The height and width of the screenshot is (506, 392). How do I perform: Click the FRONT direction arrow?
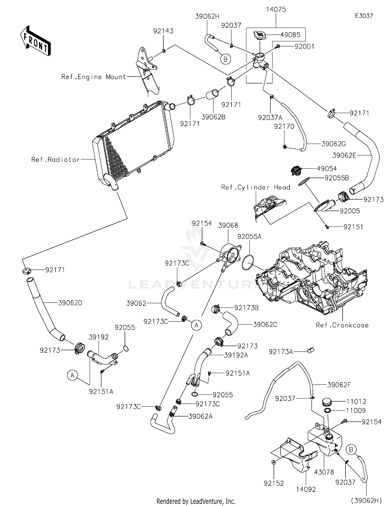[35, 40]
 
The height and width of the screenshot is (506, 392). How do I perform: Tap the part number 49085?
[290, 35]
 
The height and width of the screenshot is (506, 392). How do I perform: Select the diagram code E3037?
[364, 16]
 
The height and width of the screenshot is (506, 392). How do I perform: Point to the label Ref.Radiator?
[55, 160]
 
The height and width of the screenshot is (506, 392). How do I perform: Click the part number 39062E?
[344, 155]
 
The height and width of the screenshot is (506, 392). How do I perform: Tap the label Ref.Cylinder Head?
[256, 187]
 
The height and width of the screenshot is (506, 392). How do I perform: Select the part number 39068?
[228, 225]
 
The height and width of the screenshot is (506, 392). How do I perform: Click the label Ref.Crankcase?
[342, 325]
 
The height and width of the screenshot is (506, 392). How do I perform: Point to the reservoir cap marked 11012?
[327, 402]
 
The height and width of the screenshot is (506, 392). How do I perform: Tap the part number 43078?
[324, 472]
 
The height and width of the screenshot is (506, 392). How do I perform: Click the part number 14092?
[306, 489]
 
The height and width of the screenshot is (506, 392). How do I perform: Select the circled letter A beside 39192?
[73, 375]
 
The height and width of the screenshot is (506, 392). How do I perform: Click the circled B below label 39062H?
[226, 59]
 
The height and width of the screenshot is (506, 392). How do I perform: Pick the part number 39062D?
[70, 303]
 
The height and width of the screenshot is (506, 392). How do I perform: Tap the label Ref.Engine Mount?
[94, 77]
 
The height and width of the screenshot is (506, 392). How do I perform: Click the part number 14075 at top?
[276, 9]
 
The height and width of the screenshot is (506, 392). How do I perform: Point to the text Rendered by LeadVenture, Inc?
[196, 501]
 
